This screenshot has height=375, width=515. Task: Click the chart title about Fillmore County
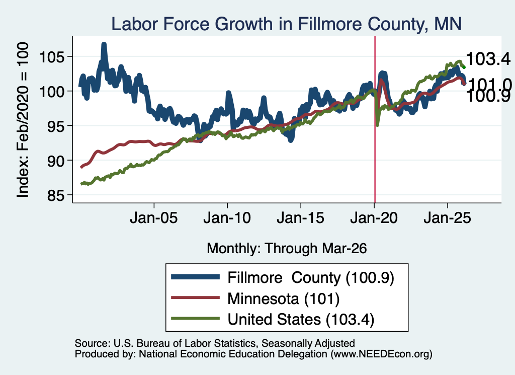(x=286, y=24)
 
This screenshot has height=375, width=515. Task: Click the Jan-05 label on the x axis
(x=154, y=218)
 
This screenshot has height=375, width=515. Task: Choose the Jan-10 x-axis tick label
(x=227, y=218)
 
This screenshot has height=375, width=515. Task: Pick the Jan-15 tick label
(x=301, y=218)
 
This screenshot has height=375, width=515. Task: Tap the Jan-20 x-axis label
(x=374, y=218)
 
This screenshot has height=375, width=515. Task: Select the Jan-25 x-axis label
(x=447, y=218)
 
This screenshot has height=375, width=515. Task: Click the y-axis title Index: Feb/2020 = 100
(x=23, y=120)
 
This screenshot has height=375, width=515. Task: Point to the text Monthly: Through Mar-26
(x=286, y=249)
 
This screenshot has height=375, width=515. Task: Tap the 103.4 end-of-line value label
(x=488, y=59)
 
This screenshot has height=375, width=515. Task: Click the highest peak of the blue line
(x=104, y=44)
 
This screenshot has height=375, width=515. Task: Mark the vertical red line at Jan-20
(x=375, y=119)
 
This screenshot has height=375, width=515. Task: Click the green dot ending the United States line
(x=464, y=67)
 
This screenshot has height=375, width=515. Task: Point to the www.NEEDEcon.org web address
(x=381, y=354)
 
